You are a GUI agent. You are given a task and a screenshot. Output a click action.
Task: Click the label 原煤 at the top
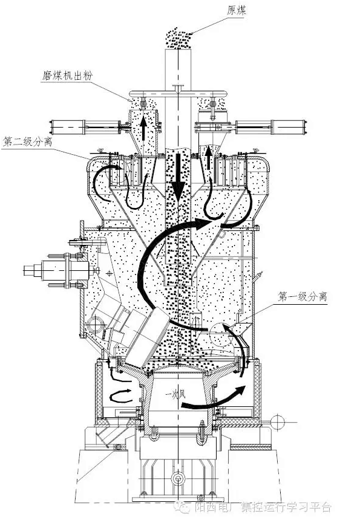click(237, 11)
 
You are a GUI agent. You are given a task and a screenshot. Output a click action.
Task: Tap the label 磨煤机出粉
click(67, 76)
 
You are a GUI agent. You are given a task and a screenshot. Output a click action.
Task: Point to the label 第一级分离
click(303, 296)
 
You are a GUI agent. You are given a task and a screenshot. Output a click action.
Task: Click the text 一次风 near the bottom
click(176, 395)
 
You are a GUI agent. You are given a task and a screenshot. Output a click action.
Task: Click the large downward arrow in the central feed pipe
click(178, 177)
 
